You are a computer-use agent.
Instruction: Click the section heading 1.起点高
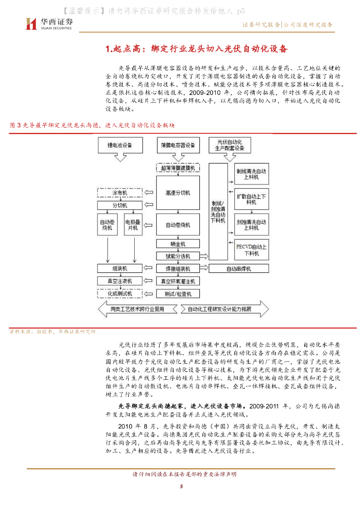coord(197,49)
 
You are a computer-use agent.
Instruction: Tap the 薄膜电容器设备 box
coord(178,146)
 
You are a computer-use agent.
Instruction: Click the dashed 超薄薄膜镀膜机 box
coord(178,168)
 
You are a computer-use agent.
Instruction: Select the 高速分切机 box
coord(178,193)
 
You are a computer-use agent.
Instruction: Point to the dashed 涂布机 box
coord(119,192)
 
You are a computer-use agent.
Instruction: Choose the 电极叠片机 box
coord(133,225)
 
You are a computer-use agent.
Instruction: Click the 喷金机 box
coord(178,244)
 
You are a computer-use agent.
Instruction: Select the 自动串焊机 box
coord(239,269)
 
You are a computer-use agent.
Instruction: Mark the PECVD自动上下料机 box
coord(251,250)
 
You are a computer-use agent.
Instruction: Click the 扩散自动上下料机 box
coord(251,199)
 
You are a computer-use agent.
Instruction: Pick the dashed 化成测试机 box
coord(119,294)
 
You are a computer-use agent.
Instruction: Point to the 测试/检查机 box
coord(178,294)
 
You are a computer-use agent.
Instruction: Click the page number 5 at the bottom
coord(181,486)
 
